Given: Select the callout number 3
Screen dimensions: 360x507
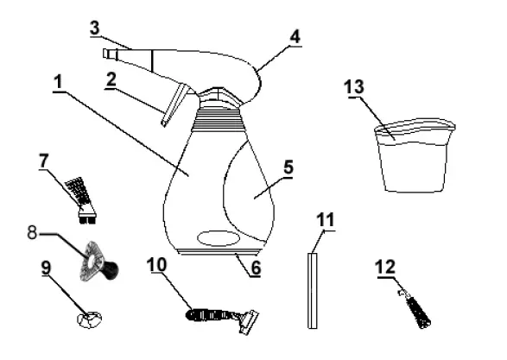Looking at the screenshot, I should tap(96, 28).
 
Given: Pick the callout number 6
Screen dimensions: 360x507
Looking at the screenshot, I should tap(255, 268).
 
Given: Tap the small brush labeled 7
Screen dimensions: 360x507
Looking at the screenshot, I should tap(82, 194).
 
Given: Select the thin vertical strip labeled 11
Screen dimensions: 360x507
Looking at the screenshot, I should tap(312, 289).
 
